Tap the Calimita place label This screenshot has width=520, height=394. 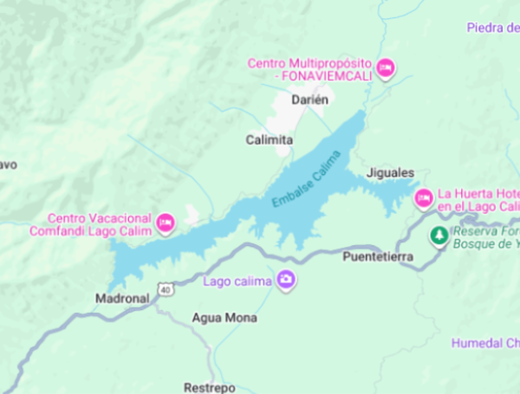click(269, 140)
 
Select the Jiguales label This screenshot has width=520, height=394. click(390, 173)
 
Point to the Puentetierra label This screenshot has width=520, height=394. click(378, 257)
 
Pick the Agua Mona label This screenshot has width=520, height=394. click(224, 319)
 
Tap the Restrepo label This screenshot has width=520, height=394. click(210, 387)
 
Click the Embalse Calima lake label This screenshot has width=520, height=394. click(306, 178)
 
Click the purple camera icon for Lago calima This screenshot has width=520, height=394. click(286, 280)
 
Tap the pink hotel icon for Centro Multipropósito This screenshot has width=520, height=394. click(386, 67)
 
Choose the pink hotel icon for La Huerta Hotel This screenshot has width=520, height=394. click(424, 198)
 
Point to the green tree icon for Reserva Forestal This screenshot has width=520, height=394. click(439, 235)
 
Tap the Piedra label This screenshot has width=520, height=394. click(491, 28)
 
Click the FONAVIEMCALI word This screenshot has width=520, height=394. click(322, 76)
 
